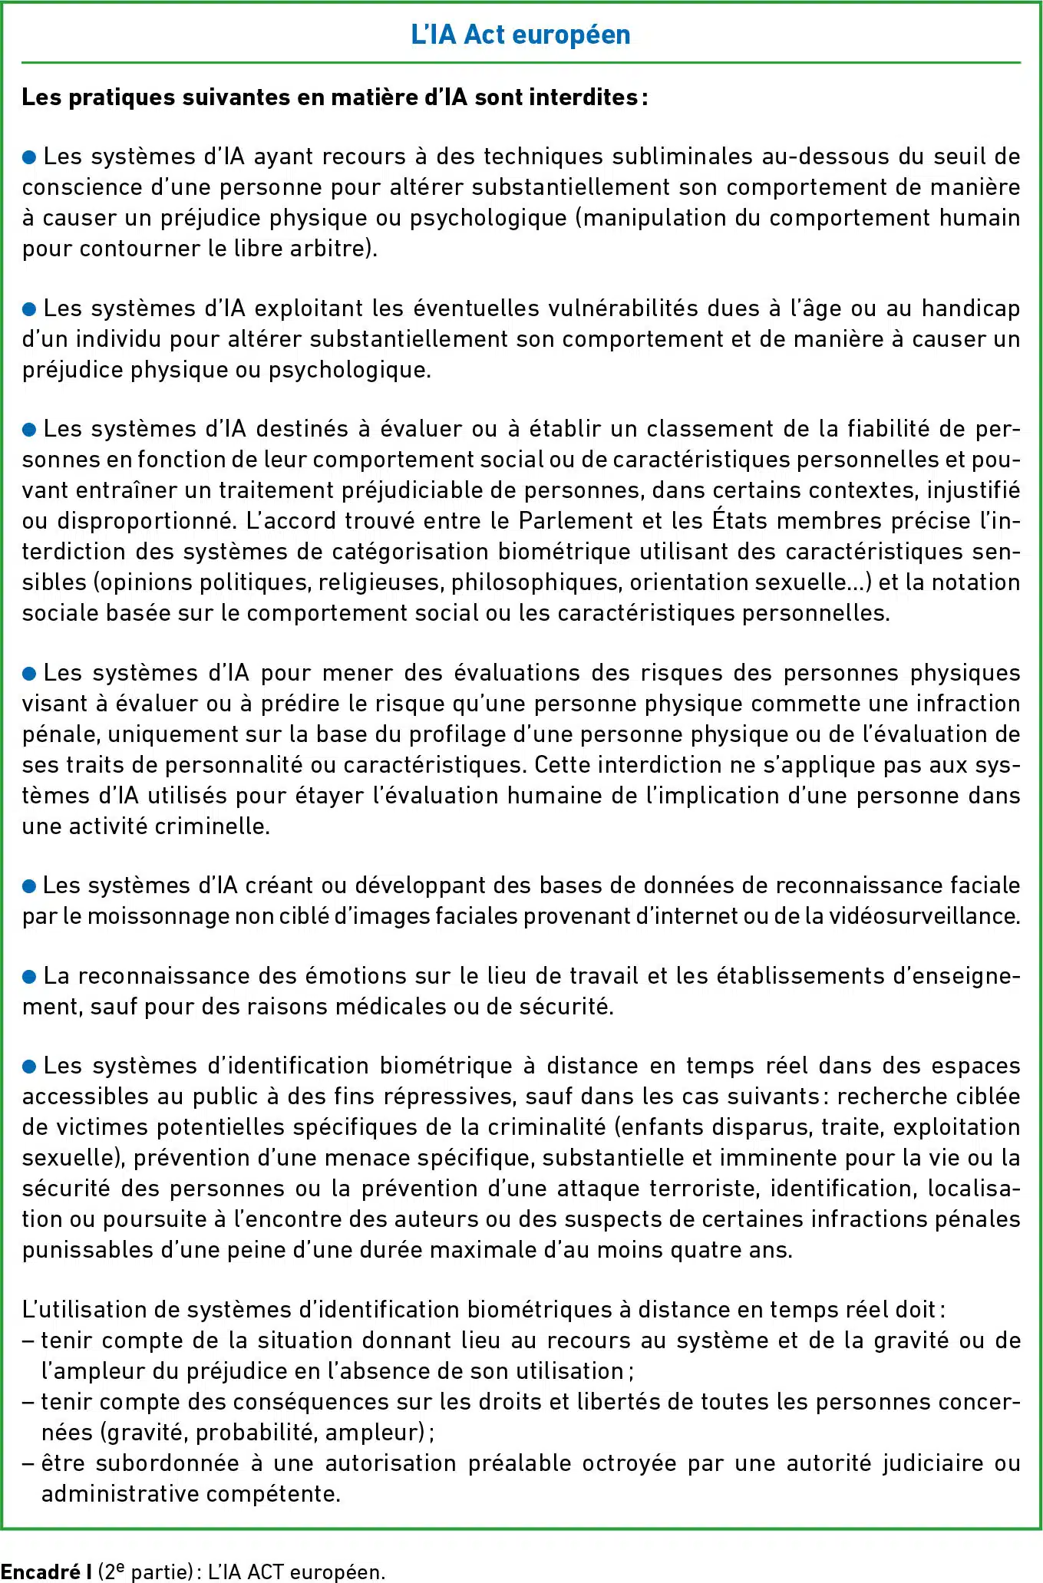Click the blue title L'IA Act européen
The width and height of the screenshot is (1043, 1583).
tap(520, 35)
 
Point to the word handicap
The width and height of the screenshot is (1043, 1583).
tap(970, 308)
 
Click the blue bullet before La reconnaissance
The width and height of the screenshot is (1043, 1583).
tap(29, 976)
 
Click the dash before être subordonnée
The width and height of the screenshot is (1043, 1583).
tap(28, 1463)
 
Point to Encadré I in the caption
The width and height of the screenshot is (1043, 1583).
tap(47, 1571)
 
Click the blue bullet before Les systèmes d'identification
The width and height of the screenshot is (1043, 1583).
tap(29, 1067)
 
